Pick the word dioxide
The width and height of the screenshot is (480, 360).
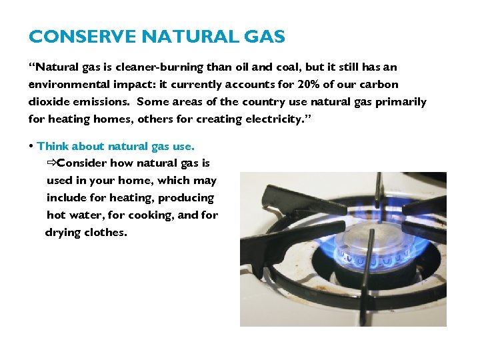coord(49,102)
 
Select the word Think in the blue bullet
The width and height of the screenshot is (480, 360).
coord(53,146)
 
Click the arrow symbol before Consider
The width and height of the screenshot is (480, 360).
coord(51,163)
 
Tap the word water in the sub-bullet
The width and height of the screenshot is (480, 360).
coord(87,215)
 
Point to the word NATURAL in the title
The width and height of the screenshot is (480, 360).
coord(180,37)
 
